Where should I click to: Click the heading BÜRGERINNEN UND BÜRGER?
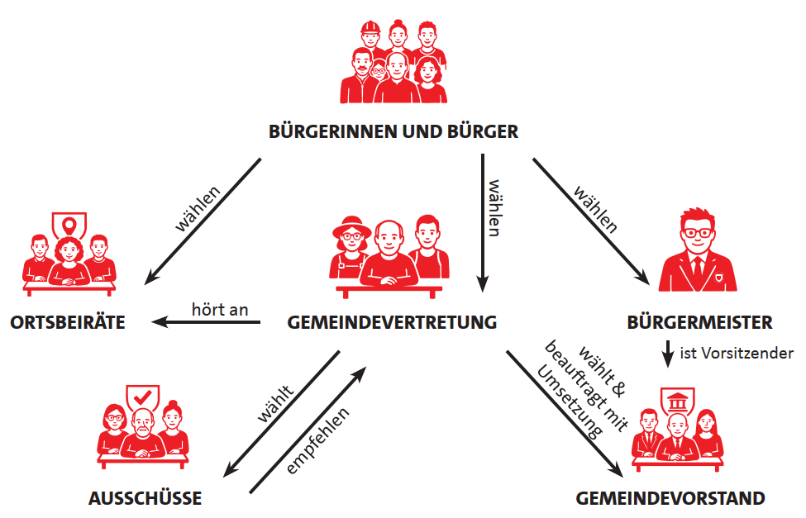(x=393, y=131)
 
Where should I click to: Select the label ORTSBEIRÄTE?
(x=68, y=322)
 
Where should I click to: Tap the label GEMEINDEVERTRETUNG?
(x=392, y=322)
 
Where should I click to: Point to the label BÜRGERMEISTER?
(x=700, y=322)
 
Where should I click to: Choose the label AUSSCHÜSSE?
(x=145, y=498)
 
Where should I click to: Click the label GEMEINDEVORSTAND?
(x=670, y=498)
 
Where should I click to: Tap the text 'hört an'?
(x=220, y=308)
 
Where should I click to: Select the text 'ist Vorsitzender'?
(x=736, y=353)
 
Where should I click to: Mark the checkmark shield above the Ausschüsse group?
(x=143, y=397)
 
